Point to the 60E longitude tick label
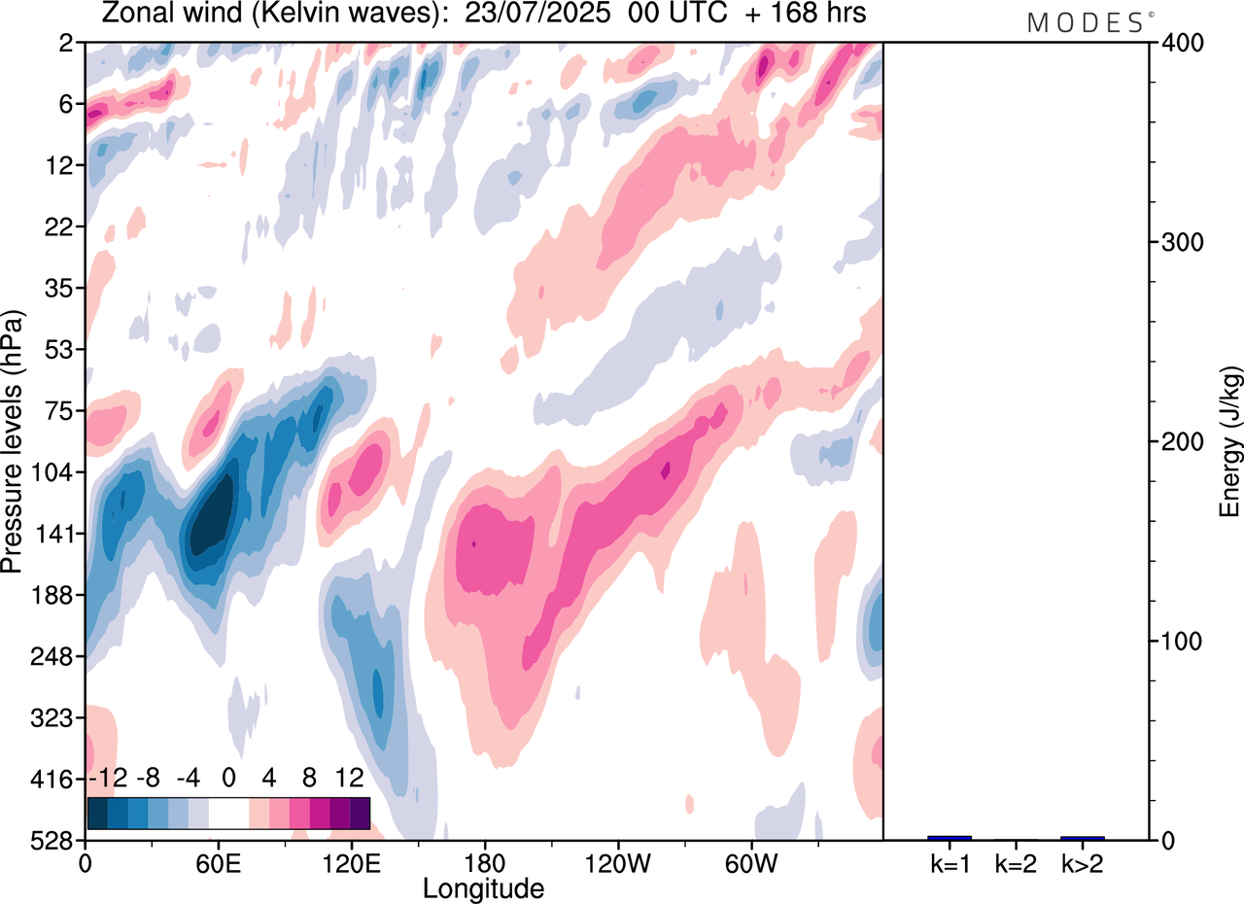click(217, 861)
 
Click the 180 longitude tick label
click(484, 861)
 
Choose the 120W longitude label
click(618, 861)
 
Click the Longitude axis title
click(483, 887)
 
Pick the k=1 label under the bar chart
click(950, 862)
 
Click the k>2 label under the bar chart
click(1082, 862)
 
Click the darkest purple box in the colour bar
click(360, 812)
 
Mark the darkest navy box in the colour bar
click(97, 812)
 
